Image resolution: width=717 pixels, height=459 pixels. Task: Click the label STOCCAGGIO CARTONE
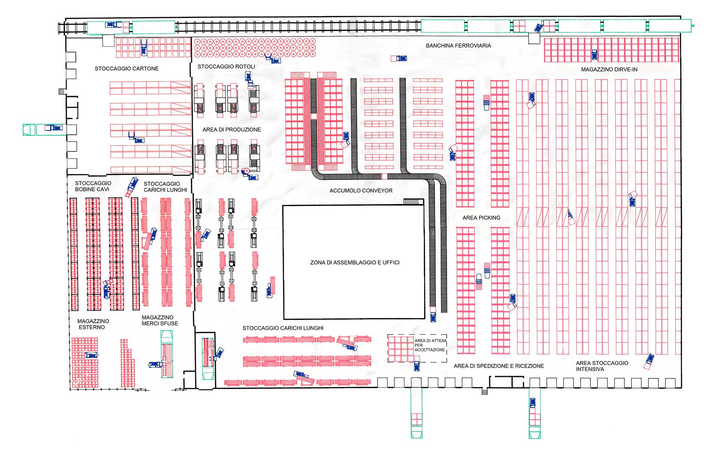(x=127, y=69)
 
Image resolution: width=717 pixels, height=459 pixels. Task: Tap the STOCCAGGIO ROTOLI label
(x=226, y=67)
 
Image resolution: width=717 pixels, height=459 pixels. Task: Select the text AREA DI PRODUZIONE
(x=232, y=130)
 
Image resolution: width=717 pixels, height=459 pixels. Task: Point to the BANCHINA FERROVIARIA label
(x=458, y=46)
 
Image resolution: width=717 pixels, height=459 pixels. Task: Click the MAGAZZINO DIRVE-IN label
(x=609, y=70)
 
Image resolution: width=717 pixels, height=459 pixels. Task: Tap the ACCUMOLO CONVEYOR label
(x=361, y=191)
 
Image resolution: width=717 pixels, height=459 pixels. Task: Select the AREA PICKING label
(x=481, y=218)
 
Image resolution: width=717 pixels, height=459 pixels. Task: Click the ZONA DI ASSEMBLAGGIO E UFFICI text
(x=355, y=263)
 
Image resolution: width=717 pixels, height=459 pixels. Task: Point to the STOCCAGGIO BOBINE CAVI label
(x=93, y=186)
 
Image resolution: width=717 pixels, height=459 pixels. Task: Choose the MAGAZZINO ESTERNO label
(x=93, y=324)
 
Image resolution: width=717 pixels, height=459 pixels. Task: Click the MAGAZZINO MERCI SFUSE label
(x=160, y=321)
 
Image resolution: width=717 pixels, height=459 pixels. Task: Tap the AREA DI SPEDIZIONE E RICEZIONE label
(x=499, y=366)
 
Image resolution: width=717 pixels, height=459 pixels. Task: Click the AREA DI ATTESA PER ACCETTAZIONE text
(x=430, y=345)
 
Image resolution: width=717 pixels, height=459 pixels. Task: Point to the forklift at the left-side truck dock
(x=53, y=128)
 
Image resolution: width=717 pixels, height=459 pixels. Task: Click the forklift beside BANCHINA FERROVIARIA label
(x=401, y=58)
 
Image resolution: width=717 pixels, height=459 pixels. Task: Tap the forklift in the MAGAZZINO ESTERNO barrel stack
(x=91, y=355)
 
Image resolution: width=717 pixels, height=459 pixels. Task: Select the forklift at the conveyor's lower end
(x=433, y=317)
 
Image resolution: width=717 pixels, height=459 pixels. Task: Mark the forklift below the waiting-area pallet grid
(x=417, y=366)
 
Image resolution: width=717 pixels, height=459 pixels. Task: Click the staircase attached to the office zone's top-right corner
(x=413, y=202)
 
